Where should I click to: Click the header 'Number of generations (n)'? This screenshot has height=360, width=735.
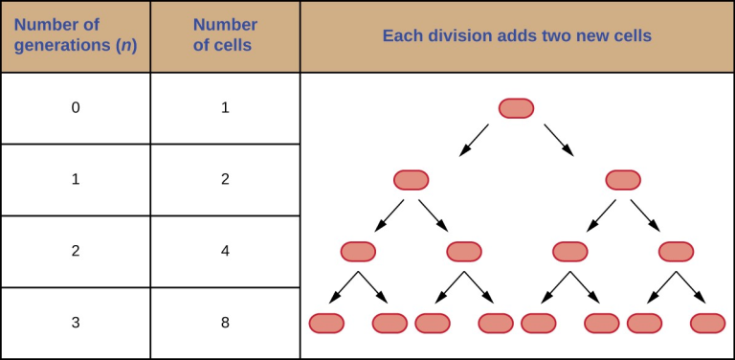point(76,36)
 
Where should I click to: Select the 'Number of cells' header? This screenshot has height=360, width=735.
point(225,36)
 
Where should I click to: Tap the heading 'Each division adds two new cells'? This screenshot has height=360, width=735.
point(517,36)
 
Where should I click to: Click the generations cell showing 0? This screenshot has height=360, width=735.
point(76,108)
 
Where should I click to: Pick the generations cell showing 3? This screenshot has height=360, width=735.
point(76,324)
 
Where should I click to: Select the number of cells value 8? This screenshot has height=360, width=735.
point(225,324)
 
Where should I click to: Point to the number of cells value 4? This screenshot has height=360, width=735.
point(225,252)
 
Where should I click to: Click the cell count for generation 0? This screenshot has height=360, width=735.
point(225,108)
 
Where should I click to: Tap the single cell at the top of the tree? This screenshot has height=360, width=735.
point(516,108)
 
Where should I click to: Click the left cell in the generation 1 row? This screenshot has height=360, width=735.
point(412,180)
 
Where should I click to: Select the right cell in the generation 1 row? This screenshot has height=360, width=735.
point(623,180)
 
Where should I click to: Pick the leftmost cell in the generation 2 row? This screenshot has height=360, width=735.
point(358,252)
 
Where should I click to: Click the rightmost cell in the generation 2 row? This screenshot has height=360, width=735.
point(676,252)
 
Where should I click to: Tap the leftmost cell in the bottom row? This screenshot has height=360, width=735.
point(326,324)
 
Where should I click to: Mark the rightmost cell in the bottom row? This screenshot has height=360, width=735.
point(708,324)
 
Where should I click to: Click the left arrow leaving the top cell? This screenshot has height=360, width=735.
point(474,140)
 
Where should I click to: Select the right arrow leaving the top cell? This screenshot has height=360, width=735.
point(559,140)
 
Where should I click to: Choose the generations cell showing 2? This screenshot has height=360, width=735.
point(76,252)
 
